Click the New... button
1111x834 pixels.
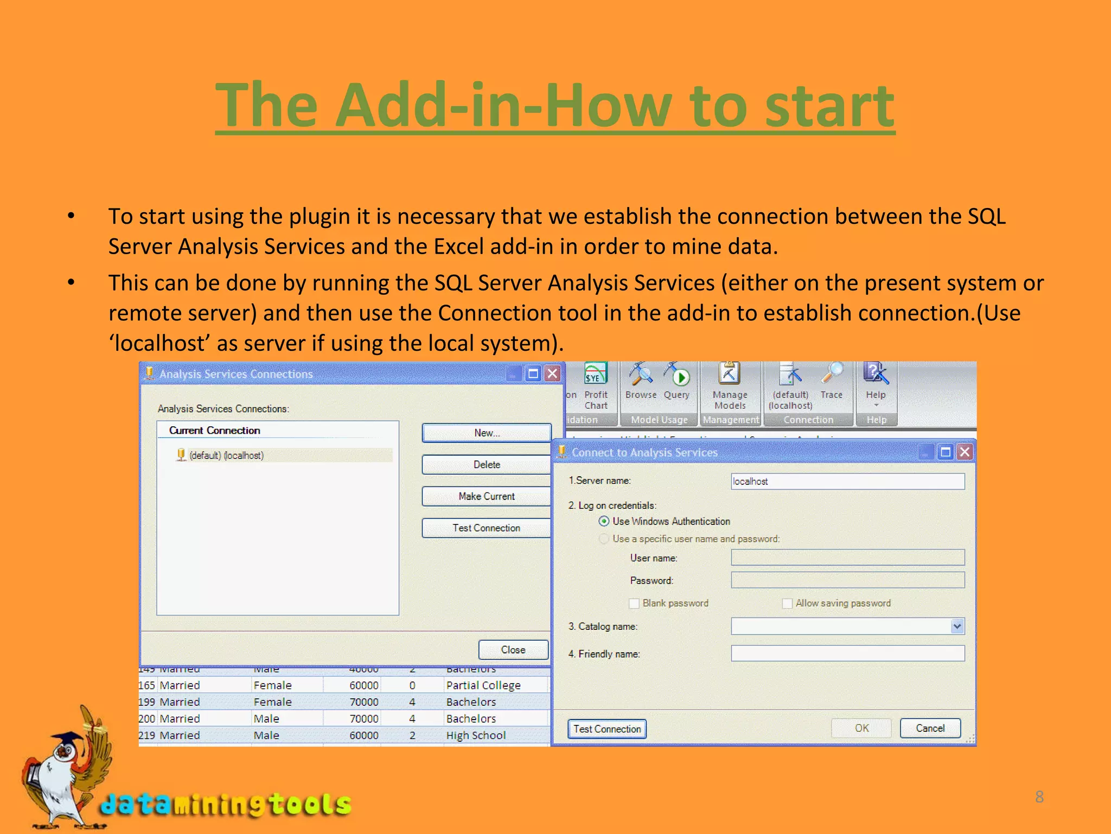click(486, 433)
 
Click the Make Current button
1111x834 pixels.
click(486, 496)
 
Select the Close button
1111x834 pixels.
click(513, 649)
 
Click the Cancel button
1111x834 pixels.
click(930, 728)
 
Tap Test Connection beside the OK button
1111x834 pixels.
click(607, 729)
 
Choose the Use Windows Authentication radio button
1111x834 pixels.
click(604, 521)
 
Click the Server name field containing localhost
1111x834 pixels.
click(847, 481)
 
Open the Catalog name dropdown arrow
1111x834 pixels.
click(957, 626)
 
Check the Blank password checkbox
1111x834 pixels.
click(634, 603)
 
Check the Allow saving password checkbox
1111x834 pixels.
click(787, 603)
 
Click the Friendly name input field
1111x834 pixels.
click(847, 653)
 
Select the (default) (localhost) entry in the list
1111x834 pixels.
click(226, 455)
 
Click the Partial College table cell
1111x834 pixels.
click(483, 685)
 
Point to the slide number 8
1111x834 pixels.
click(1039, 797)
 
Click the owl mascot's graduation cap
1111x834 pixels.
click(69, 738)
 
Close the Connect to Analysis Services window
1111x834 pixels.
click(965, 452)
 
